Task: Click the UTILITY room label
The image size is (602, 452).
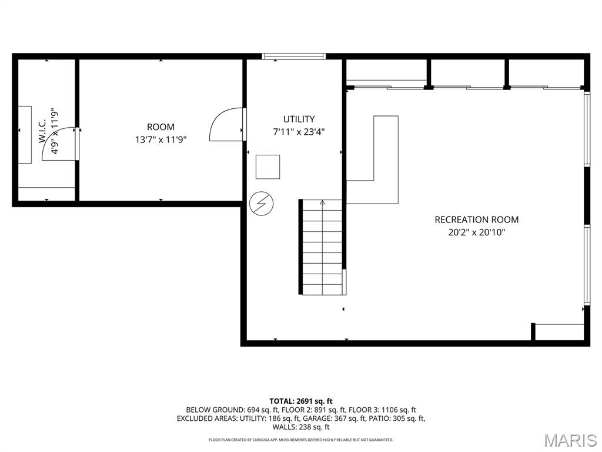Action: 299,119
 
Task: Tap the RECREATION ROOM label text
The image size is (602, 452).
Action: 476,220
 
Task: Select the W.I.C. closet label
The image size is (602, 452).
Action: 42,130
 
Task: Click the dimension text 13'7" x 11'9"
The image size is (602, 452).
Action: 160,139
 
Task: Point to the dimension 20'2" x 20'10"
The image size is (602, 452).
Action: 476,232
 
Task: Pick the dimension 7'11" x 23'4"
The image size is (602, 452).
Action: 299,132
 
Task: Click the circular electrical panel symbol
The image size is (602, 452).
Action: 261,204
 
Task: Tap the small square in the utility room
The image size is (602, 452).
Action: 267,167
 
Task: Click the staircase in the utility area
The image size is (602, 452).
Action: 322,247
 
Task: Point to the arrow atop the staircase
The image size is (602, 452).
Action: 322,203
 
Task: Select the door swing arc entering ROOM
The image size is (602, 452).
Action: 226,124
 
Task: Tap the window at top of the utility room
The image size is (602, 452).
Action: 294,56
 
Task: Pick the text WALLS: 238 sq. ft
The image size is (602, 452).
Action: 301,427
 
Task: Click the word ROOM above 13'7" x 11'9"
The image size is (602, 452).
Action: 160,127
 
